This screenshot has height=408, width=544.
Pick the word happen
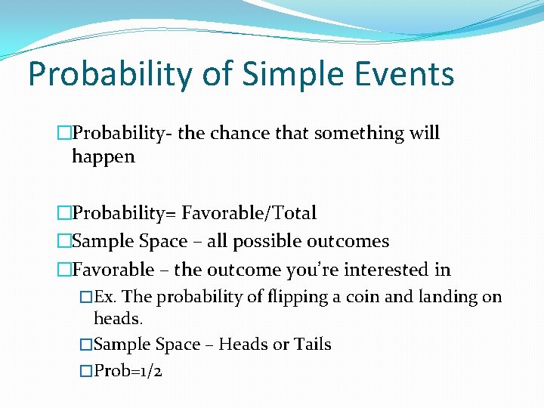point(104,157)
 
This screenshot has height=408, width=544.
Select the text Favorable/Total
point(249,214)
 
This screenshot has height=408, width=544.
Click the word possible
point(261,242)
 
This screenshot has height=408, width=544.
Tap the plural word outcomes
point(348,242)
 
